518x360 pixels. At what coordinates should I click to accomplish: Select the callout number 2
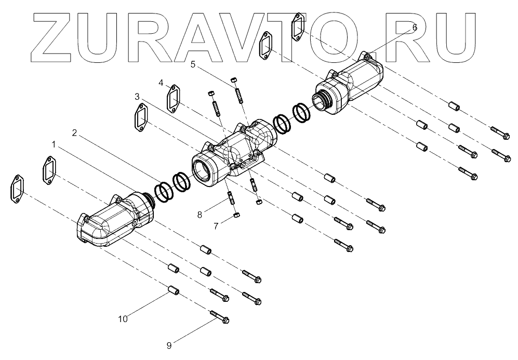[x=75, y=132]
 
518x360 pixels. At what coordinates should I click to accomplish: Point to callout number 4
[x=161, y=83]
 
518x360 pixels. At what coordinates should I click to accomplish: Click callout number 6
[x=414, y=28]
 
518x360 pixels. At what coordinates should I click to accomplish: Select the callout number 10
[x=123, y=319]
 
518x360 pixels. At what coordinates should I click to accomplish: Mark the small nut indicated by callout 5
[x=234, y=79]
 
